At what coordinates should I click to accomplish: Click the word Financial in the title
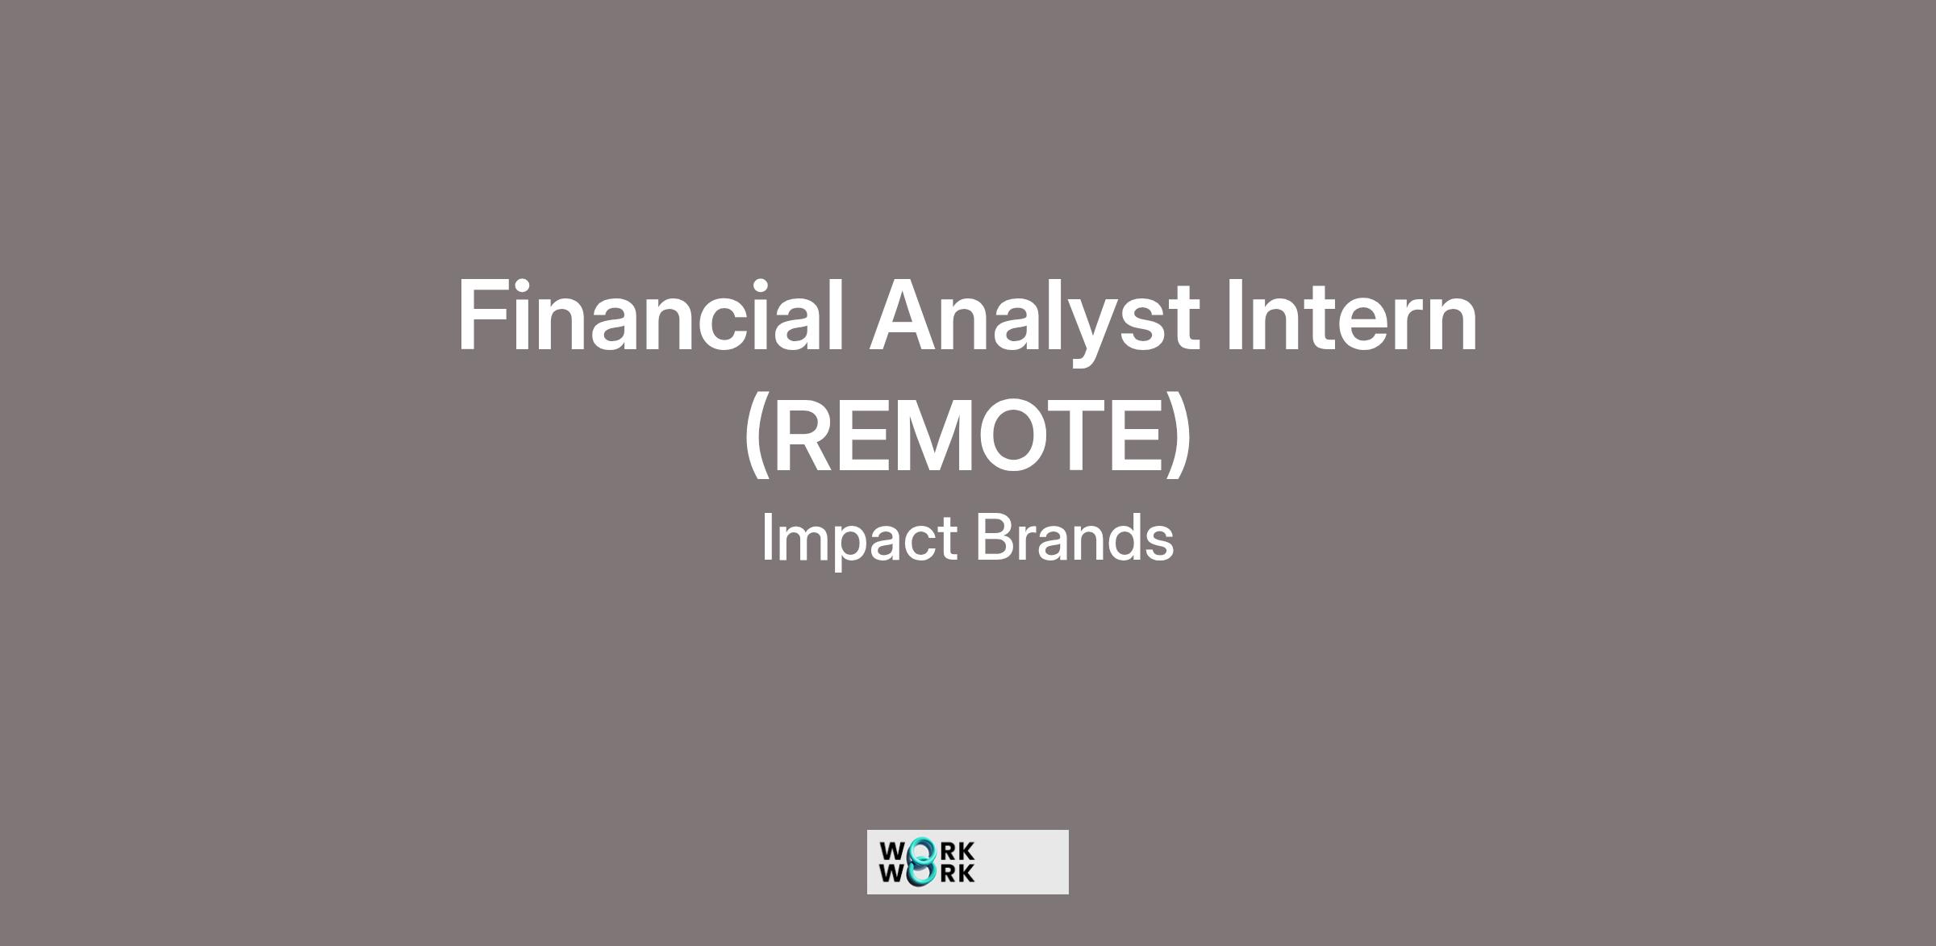650,315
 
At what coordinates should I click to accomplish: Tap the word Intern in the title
1351,317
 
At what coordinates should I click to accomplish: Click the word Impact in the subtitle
860,540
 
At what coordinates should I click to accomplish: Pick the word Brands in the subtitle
1075,537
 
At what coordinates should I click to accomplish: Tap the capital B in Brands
999,537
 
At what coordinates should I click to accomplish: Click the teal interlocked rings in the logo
921,861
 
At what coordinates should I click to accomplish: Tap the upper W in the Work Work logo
893,852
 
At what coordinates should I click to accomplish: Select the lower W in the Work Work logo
893,873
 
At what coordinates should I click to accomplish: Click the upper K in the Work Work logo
966,852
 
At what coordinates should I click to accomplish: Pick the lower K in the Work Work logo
966,873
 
